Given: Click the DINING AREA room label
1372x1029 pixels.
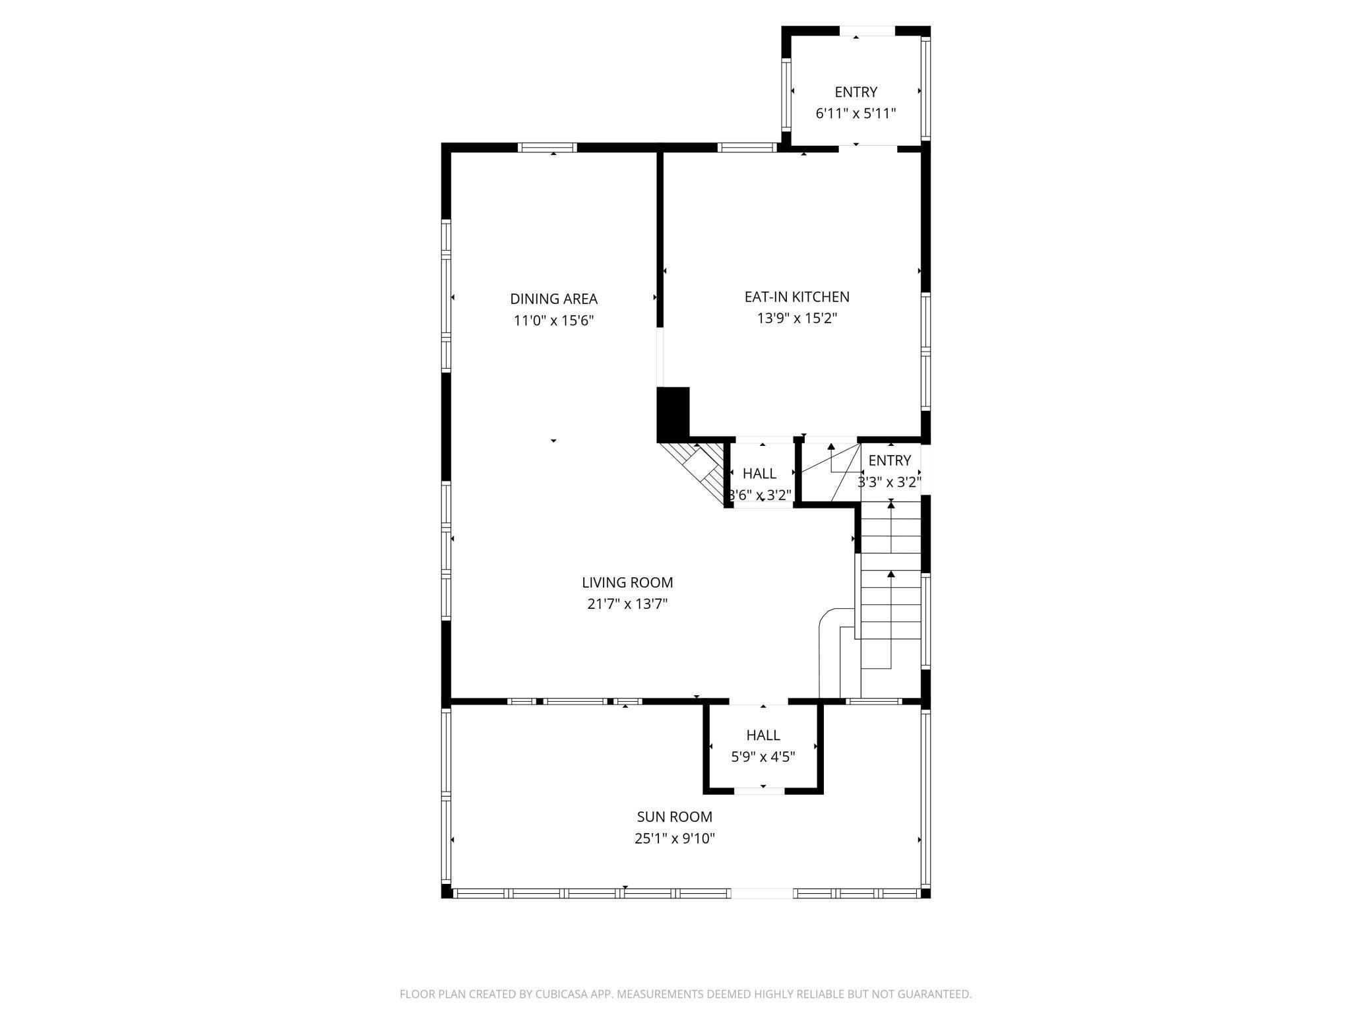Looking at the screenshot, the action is point(553,299).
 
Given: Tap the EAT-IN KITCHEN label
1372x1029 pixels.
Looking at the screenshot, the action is point(797,297).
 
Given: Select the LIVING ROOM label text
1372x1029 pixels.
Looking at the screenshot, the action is point(627,582).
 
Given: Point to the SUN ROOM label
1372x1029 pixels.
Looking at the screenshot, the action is point(674,817).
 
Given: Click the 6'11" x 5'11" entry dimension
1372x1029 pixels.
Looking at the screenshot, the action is point(856,113).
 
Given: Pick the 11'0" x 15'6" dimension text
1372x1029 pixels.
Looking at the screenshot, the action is point(554,321).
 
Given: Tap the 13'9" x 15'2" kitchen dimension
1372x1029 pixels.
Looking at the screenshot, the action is point(797,319).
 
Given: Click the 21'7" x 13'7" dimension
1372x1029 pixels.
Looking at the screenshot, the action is point(627,604).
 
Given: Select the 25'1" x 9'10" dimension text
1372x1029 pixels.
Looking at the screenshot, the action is point(674,838).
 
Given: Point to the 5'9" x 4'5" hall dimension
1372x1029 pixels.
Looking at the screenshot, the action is point(763,757).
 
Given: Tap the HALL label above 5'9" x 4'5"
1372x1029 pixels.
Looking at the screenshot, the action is point(763,735).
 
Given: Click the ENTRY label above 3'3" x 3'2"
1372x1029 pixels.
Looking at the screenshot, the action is point(890,460).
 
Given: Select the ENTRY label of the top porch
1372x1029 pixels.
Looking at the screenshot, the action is point(856,92).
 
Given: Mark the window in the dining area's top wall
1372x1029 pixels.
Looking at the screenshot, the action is point(547,147).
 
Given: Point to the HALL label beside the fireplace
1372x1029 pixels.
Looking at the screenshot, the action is point(759,473).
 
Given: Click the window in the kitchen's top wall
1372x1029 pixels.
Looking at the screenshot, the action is point(747,147).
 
